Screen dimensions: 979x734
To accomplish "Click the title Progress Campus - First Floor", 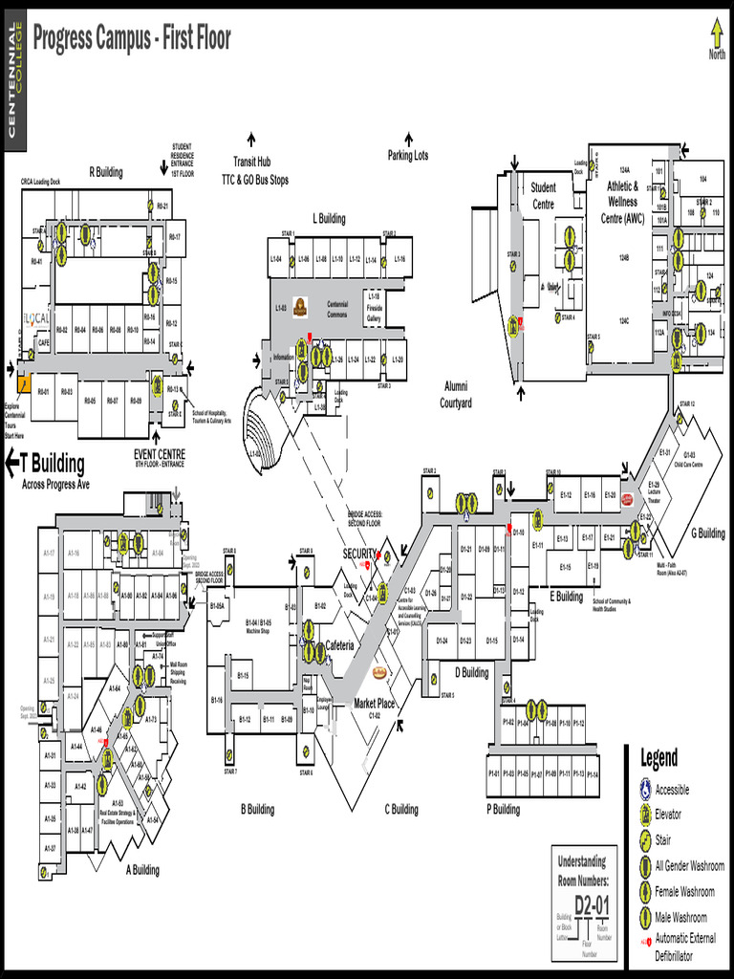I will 132,39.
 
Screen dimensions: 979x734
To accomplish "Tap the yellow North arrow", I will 717,34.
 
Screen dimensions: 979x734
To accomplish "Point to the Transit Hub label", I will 252,163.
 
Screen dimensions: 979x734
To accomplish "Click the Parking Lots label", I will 408,155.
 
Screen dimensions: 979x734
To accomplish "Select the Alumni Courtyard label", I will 456,394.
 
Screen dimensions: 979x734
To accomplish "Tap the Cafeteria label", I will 340,645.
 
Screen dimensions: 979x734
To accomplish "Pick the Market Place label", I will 374,704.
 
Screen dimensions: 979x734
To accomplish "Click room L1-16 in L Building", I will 399,259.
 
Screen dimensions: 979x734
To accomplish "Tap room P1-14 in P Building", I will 593,773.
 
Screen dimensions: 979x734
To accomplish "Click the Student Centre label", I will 543,196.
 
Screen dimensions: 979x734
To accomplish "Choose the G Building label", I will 708,533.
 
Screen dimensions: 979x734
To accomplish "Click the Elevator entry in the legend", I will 668,815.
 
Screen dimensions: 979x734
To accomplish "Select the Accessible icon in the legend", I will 647,790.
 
